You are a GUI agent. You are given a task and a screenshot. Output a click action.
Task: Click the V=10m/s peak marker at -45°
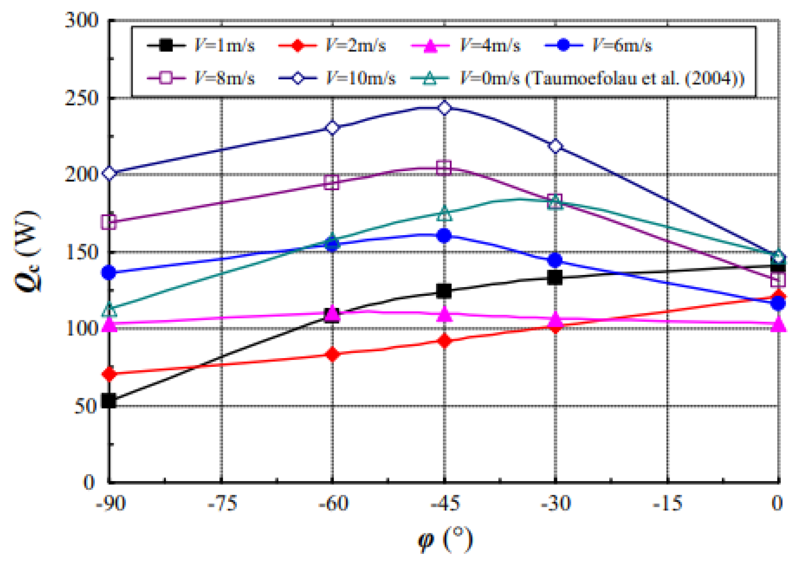(x=444, y=108)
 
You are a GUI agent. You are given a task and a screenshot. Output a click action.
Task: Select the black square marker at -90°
(x=109, y=400)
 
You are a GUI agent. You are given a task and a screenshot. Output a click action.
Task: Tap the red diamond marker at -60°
(x=332, y=354)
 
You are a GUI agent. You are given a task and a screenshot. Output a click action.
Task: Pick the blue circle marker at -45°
(x=444, y=236)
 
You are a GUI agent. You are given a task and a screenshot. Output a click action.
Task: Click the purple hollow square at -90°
(x=109, y=222)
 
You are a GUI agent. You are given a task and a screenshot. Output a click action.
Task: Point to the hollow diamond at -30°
(x=555, y=146)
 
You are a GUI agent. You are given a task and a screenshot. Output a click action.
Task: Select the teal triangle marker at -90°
(x=109, y=310)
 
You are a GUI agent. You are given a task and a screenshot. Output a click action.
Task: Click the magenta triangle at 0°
(x=778, y=324)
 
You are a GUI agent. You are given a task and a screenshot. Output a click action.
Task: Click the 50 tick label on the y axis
(x=86, y=406)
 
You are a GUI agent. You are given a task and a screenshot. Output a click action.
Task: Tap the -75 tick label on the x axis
(x=222, y=504)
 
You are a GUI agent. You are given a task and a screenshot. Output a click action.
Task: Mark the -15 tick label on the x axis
(x=667, y=504)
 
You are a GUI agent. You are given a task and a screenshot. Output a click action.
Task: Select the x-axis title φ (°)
(x=445, y=540)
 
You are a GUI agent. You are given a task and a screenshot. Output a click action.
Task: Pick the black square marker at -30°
(x=555, y=277)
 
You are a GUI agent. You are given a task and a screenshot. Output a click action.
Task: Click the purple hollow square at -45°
(x=444, y=168)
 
